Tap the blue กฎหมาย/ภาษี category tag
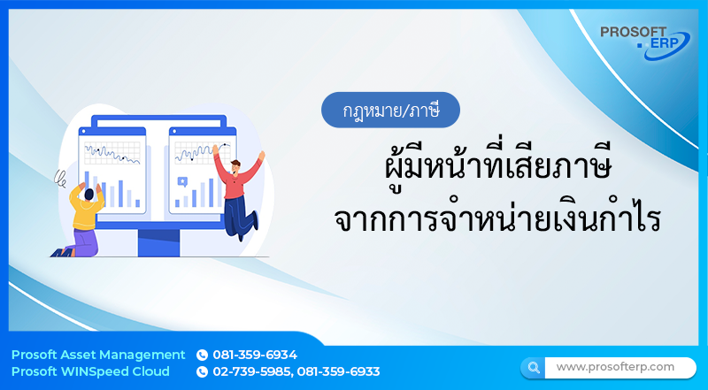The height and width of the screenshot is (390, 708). (390, 111)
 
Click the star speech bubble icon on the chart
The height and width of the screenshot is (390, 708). (182, 181)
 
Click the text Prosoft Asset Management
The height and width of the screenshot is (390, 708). (98, 355)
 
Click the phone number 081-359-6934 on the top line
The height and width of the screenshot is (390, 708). (255, 355)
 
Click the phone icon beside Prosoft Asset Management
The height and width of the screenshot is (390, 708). (202, 355)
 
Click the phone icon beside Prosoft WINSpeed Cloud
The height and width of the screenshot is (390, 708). (202, 371)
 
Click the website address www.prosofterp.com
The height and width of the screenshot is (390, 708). (615, 366)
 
